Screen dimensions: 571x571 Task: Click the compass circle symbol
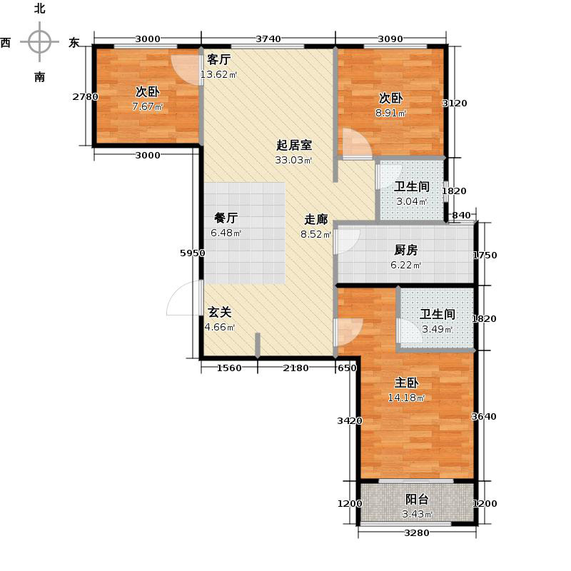(39, 41)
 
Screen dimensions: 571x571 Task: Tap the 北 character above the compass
(39, 9)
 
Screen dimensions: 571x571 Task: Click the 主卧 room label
(406, 383)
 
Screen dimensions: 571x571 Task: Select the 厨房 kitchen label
(406, 251)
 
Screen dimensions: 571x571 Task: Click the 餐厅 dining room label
(226, 219)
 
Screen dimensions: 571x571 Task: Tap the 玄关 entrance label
(219, 313)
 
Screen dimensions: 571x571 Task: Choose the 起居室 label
(294, 145)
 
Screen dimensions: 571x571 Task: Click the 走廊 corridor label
(316, 219)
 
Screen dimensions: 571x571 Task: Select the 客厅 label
(218, 60)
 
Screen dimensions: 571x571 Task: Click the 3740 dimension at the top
(268, 39)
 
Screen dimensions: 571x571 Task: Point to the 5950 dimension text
(193, 253)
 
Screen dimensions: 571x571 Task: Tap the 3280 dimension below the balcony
(417, 533)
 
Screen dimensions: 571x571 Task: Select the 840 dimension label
(461, 216)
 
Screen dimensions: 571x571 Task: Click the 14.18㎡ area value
(406, 398)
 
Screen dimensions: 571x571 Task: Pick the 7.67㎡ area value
(148, 108)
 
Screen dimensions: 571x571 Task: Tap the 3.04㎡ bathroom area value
(412, 202)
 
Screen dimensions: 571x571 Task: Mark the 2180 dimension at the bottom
(295, 368)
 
